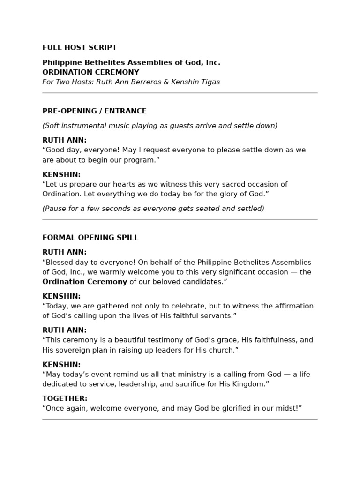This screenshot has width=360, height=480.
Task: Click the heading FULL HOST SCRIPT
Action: pyautogui.click(x=80, y=47)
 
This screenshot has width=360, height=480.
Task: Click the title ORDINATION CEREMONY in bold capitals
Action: pyautogui.click(x=90, y=72)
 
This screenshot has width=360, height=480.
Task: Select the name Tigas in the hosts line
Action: pyautogui.click(x=210, y=82)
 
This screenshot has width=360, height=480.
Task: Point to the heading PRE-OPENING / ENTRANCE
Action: pyautogui.click(x=94, y=111)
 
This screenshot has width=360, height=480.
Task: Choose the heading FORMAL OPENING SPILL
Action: pyautogui.click(x=90, y=238)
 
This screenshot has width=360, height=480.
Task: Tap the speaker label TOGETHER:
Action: pyautogui.click(x=65, y=398)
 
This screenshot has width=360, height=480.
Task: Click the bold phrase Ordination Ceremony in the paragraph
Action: pyautogui.click(x=85, y=282)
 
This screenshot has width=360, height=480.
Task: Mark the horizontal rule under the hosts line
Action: pyautogui.click(x=180, y=93)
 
